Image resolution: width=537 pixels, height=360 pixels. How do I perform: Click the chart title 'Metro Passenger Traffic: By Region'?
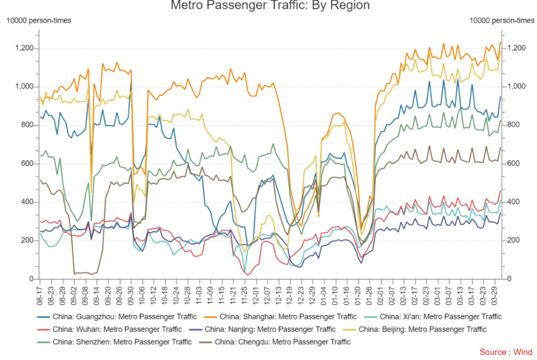click(x=270, y=6)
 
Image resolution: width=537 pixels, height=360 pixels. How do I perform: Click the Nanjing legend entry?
click(x=270, y=330)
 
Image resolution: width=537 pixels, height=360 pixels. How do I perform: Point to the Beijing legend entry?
click(x=422, y=330)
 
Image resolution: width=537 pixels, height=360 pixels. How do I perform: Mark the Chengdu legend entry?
click(x=283, y=342)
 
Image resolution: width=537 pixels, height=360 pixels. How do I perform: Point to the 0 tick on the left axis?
click(x=31, y=279)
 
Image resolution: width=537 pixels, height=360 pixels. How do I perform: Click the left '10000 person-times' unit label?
click(x=38, y=20)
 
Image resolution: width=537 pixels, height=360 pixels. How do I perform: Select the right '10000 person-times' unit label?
click(x=501, y=20)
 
